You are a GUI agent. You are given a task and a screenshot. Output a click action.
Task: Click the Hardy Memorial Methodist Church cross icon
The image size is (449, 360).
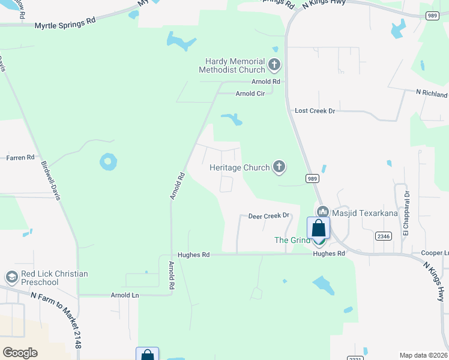(274, 64)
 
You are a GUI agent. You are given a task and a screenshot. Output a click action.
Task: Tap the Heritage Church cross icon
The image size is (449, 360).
(279, 167)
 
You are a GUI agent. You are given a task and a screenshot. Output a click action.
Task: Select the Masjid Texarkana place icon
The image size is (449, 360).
(323, 212)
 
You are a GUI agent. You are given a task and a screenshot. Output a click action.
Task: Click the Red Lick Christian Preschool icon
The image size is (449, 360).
(11, 277)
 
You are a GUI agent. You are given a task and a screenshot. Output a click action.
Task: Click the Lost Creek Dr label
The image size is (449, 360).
(315, 111)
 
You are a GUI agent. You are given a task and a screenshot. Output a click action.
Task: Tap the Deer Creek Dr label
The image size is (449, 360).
(269, 215)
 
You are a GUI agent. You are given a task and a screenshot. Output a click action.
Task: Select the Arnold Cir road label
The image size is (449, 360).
(250, 94)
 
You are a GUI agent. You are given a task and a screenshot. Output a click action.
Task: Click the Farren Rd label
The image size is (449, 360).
(20, 158)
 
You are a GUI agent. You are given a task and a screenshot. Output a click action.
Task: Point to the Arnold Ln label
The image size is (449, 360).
(125, 295)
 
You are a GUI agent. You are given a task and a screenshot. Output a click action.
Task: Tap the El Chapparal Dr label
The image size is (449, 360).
(406, 207)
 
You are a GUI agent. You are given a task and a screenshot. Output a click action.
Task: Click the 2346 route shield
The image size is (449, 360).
(383, 236)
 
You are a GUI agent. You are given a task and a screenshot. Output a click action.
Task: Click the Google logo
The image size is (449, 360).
(20, 353)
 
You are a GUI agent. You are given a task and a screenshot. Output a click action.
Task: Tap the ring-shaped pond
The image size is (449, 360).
(108, 161)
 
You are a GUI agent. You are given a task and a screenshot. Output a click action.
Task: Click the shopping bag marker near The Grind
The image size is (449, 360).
(318, 228)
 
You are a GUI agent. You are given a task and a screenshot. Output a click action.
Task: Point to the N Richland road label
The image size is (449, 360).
(432, 94)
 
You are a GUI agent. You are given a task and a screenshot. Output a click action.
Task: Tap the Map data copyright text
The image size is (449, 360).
(423, 355)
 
